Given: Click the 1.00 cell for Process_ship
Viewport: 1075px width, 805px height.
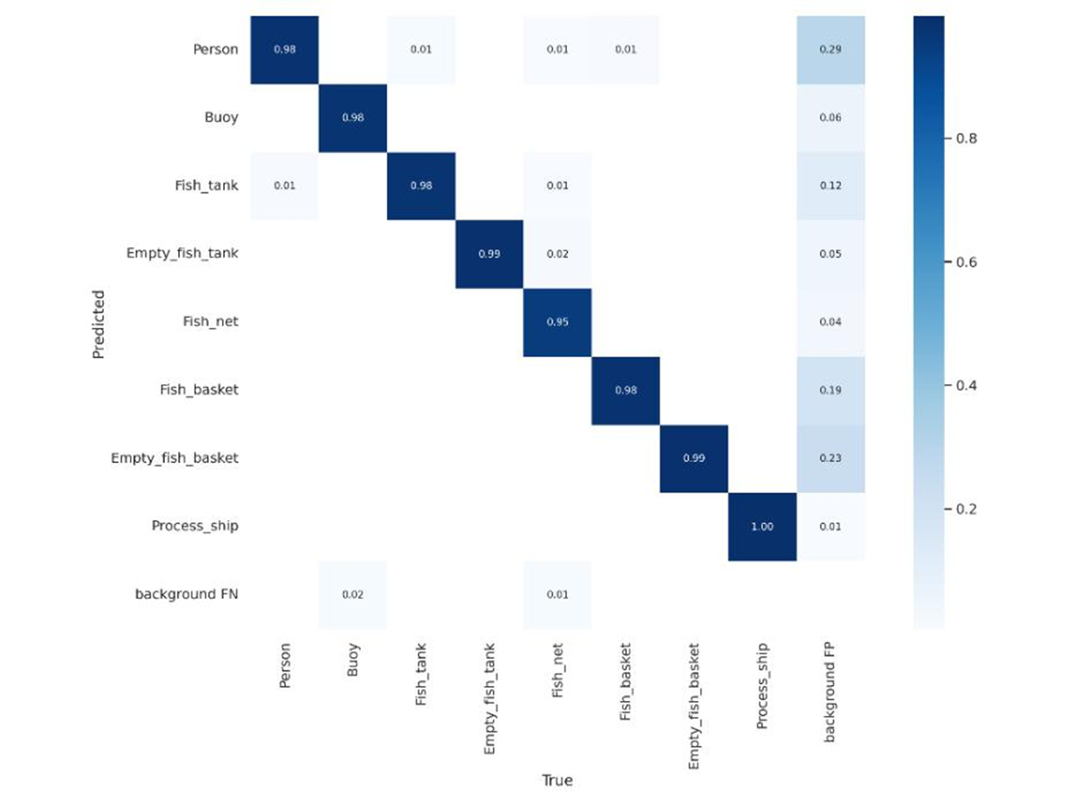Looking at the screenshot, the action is pyautogui.click(x=762, y=527).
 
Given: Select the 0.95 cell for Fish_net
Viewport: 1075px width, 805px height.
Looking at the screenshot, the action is pyautogui.click(x=557, y=322).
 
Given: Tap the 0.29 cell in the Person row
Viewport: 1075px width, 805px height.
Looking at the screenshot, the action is pyautogui.click(x=830, y=49).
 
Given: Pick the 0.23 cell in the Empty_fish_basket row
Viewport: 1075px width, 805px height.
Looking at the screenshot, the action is pyautogui.click(x=830, y=458).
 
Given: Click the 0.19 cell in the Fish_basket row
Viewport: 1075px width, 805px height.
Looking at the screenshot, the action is pyautogui.click(x=830, y=390).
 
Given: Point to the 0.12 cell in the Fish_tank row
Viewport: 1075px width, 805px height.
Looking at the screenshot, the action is pyautogui.click(x=830, y=186).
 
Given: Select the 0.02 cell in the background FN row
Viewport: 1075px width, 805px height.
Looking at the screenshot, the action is pyautogui.click(x=353, y=595).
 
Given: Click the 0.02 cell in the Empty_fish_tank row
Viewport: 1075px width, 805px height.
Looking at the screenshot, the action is pyautogui.click(x=557, y=254).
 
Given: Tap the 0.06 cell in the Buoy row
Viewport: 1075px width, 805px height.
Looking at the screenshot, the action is pyautogui.click(x=830, y=118).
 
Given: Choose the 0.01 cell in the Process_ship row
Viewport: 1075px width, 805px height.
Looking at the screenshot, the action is pyautogui.click(x=830, y=527).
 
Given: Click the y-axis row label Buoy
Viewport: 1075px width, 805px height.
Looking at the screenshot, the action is pyautogui.click(x=221, y=118).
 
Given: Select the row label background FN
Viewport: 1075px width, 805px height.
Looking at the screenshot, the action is pyautogui.click(x=186, y=594).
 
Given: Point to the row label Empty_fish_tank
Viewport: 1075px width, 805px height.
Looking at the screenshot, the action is pyautogui.click(x=182, y=253).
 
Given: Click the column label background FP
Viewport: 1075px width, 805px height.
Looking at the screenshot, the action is pyautogui.click(x=829, y=692).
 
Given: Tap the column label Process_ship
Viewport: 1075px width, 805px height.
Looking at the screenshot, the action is pyautogui.click(x=762, y=686).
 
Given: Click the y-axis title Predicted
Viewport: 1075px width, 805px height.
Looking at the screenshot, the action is pyautogui.click(x=99, y=324).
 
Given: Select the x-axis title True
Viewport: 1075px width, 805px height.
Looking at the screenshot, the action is pyautogui.click(x=557, y=780).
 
